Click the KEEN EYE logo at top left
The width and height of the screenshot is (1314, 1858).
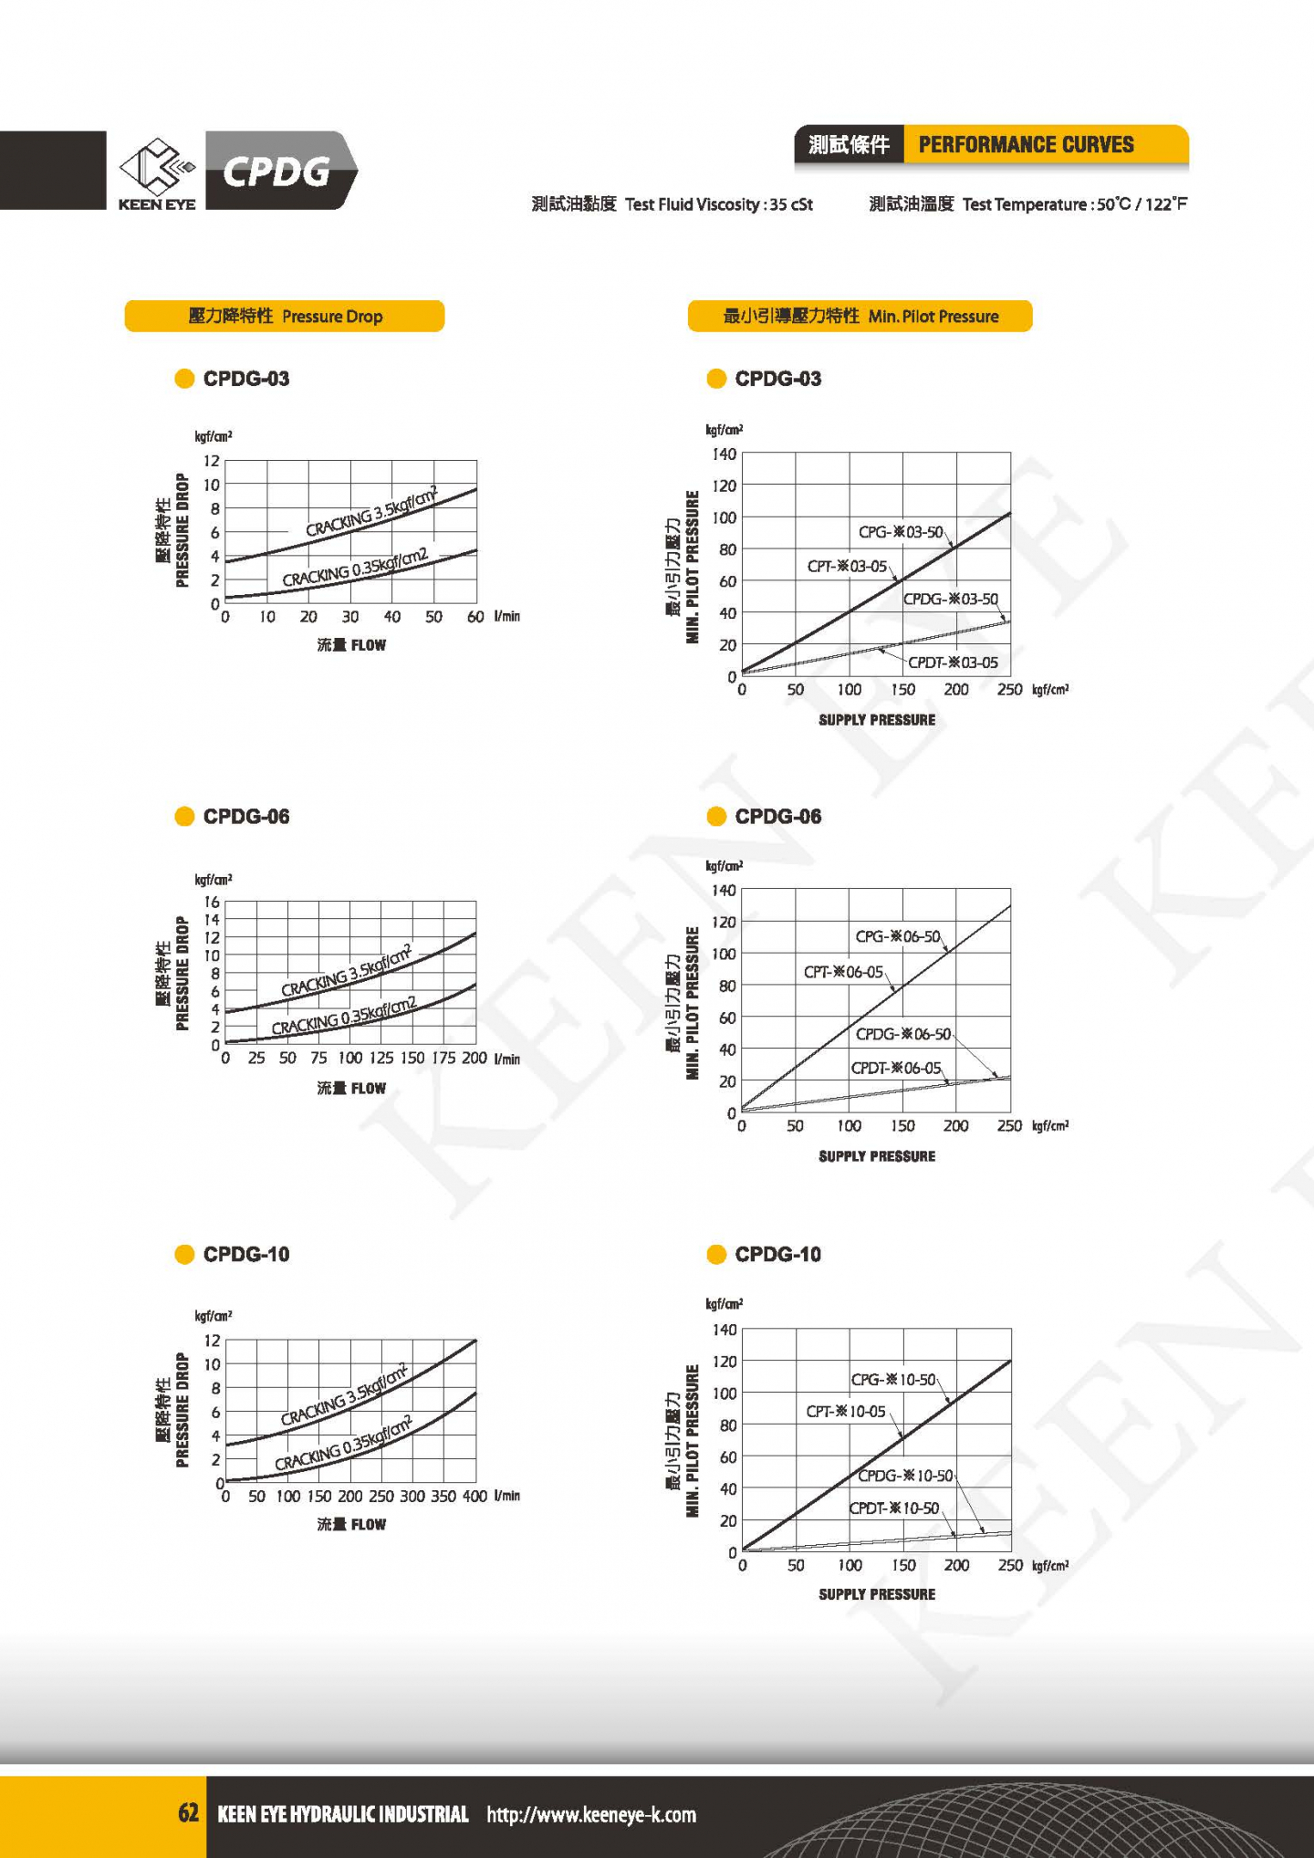[x=157, y=172]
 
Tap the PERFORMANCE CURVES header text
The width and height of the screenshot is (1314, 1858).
[x=1026, y=145]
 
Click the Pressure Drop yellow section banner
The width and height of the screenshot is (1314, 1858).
[x=285, y=317]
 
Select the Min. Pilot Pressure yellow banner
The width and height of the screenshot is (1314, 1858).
[x=860, y=317]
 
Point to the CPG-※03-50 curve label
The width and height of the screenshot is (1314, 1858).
[x=900, y=532]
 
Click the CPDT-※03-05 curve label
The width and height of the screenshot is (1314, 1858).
[x=953, y=663]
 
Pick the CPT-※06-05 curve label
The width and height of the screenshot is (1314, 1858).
[x=843, y=972]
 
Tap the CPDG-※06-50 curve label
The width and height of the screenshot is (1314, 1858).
[x=902, y=1034]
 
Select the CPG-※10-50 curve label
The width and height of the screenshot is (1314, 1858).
[x=893, y=1380]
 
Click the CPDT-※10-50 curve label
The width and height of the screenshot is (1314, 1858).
[x=894, y=1508]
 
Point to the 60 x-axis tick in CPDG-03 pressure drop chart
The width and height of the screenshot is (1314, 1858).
[x=475, y=617]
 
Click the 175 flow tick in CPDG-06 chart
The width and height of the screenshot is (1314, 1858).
[x=443, y=1059]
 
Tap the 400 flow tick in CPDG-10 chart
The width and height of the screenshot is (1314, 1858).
[x=474, y=1497]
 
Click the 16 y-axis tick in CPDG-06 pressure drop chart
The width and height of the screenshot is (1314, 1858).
[x=212, y=903]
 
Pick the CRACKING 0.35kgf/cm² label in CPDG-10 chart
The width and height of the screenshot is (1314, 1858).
[x=343, y=1444]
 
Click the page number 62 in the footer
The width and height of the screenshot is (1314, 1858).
[x=188, y=1813]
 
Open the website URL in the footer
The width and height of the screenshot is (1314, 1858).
[x=591, y=1814]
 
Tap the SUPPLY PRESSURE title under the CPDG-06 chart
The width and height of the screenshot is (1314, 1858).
[x=877, y=1156]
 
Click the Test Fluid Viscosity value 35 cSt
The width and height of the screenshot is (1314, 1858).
[x=790, y=204]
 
